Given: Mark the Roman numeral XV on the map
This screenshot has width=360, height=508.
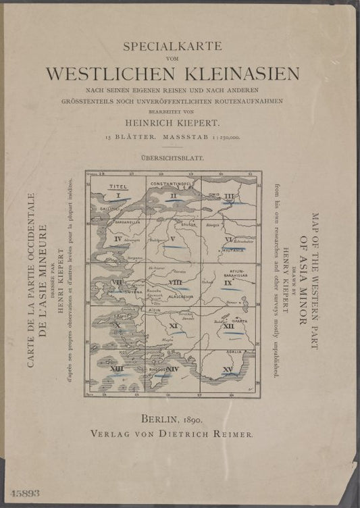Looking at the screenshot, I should pos(228,370).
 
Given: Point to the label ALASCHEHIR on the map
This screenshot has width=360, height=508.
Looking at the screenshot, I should pos(173,296).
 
